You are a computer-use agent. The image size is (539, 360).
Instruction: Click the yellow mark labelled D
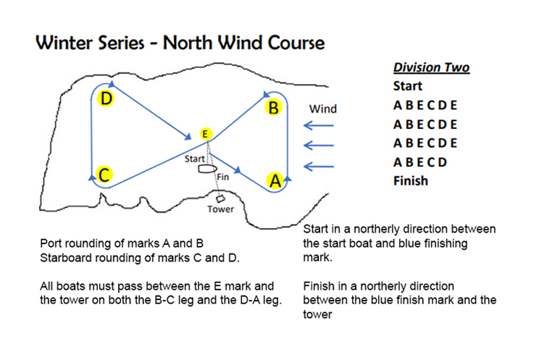[106, 99]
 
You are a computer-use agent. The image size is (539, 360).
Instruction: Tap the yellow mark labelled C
[104, 175]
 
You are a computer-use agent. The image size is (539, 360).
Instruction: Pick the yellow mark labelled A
[275, 180]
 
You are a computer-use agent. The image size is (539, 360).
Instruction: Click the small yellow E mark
[206, 134]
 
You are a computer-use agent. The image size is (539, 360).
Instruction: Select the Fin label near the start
[222, 176]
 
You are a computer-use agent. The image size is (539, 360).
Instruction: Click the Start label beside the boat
[194, 158]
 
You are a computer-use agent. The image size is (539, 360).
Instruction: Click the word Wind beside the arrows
[323, 109]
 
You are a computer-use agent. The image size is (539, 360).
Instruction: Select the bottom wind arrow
[319, 167]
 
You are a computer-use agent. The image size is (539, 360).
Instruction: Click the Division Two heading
[431, 68]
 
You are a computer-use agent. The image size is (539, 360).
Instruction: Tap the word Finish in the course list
[411, 180]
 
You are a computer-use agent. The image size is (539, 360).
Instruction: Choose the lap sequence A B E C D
[420, 162]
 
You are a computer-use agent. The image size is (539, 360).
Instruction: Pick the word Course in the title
[293, 43]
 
